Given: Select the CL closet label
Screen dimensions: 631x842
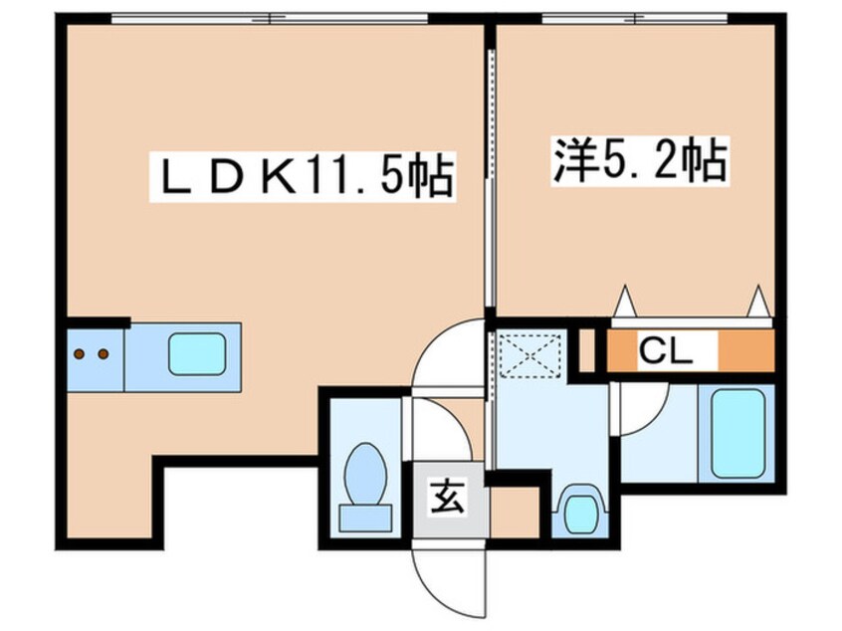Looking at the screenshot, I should coord(664,350).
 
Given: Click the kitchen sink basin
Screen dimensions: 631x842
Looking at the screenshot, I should coord(196,354).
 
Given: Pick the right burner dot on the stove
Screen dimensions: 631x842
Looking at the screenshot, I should coord(103,353).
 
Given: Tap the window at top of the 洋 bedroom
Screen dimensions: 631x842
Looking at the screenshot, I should coord(634,19).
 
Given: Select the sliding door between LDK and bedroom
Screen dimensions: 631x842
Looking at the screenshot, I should coord(490,179).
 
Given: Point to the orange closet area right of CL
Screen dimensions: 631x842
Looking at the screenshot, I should coord(745,350).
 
